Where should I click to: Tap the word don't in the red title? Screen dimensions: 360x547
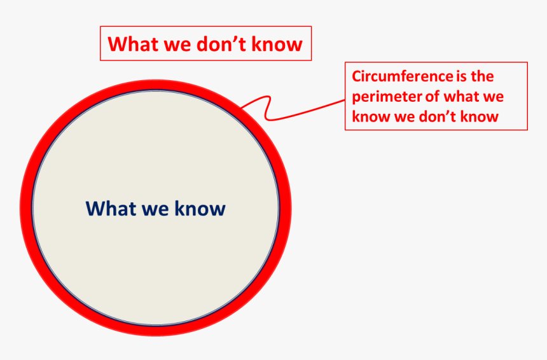[222, 44]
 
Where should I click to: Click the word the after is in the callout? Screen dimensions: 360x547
[483, 76]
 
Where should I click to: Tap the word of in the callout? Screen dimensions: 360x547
[433, 97]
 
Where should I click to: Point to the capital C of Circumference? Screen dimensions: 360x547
[357, 76]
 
